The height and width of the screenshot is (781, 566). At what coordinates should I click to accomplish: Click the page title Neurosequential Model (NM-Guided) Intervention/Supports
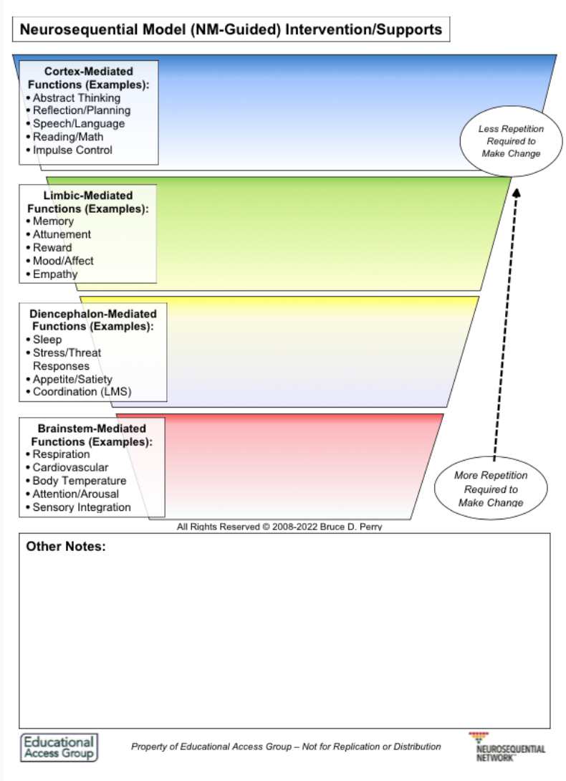coord(231,30)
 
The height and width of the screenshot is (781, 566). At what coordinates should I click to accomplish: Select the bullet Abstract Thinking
coord(76,97)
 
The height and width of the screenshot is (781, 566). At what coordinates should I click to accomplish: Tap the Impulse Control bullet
coord(72,150)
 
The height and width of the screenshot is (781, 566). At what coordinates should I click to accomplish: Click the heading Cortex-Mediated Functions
coord(88,78)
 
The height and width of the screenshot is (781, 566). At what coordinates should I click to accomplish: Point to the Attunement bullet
coord(62,234)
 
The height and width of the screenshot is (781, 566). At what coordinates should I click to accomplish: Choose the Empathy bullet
coord(55,274)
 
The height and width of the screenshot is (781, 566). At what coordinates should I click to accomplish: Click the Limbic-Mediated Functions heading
coord(89,202)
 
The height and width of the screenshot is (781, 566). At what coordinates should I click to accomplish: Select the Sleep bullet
coord(47,340)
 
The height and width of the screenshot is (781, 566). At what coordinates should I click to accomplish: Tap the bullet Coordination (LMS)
coord(82,391)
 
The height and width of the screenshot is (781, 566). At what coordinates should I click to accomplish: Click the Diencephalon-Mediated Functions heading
coord(93,320)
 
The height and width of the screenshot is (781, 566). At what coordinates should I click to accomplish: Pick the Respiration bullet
coord(61,454)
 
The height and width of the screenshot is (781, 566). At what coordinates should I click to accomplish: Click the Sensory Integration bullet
coord(82,507)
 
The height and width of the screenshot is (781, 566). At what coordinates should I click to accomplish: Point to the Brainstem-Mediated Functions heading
coord(92,435)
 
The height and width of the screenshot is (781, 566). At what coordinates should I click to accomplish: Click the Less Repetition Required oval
coord(511,141)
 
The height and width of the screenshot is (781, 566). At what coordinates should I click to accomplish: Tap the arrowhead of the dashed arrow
coord(517,191)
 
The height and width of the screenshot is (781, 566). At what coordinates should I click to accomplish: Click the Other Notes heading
coord(66,547)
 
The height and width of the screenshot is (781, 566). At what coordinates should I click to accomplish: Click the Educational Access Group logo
coord(59,747)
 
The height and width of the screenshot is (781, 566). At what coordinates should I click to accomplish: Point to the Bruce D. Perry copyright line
coord(284,527)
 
